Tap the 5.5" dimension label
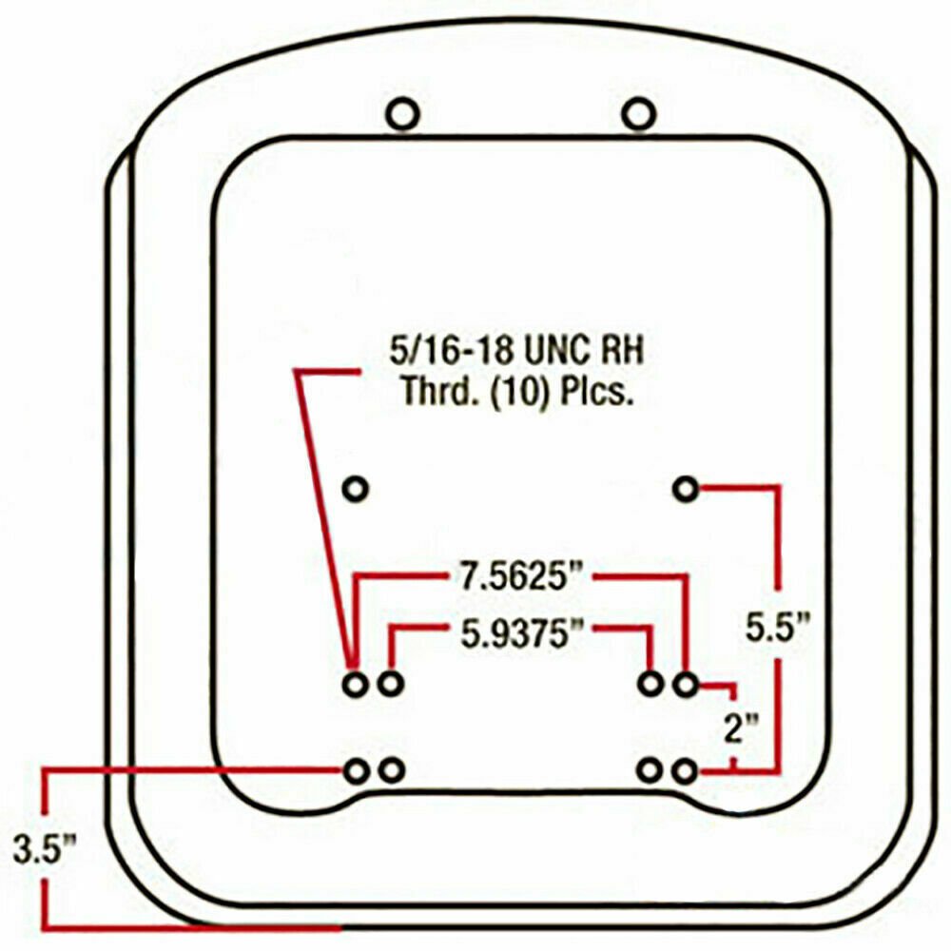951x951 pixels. (x=778, y=629)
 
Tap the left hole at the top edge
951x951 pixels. (x=402, y=115)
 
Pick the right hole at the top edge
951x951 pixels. (x=639, y=114)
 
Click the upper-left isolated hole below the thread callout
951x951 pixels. (x=355, y=489)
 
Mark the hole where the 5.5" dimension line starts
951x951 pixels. (x=686, y=490)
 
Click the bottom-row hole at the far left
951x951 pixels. (x=355, y=771)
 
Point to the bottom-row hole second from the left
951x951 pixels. (x=391, y=771)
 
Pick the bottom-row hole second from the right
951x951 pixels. (x=651, y=771)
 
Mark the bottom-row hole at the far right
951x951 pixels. (x=686, y=771)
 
